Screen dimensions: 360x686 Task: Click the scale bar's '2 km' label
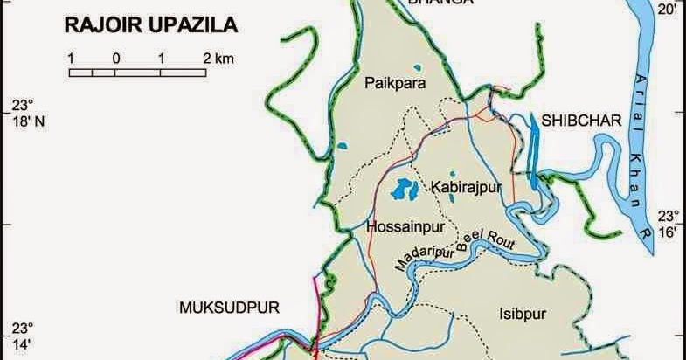[x=219, y=59]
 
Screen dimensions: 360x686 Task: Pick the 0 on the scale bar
[x=115, y=59]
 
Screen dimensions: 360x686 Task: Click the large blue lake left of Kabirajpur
[x=405, y=187]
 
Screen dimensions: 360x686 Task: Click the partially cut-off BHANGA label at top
[x=441, y=3]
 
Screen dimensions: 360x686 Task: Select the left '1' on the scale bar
[x=70, y=59]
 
